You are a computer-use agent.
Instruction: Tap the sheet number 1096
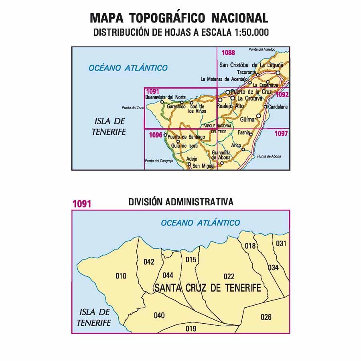(x=155, y=135)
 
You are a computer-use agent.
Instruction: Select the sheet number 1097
(x=281, y=134)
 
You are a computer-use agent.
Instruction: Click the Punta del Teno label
(x=133, y=108)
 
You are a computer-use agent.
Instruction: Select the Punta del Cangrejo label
(x=158, y=161)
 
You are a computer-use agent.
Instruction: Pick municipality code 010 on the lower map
(x=121, y=276)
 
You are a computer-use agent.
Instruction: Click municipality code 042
(x=148, y=262)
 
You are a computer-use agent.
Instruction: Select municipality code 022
(x=229, y=276)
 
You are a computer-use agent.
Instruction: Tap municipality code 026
(x=266, y=317)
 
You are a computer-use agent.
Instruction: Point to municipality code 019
(x=191, y=329)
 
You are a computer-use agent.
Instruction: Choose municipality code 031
(x=282, y=243)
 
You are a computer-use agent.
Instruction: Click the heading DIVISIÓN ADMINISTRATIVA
(x=181, y=202)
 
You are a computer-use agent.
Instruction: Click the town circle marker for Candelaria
(x=266, y=107)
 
